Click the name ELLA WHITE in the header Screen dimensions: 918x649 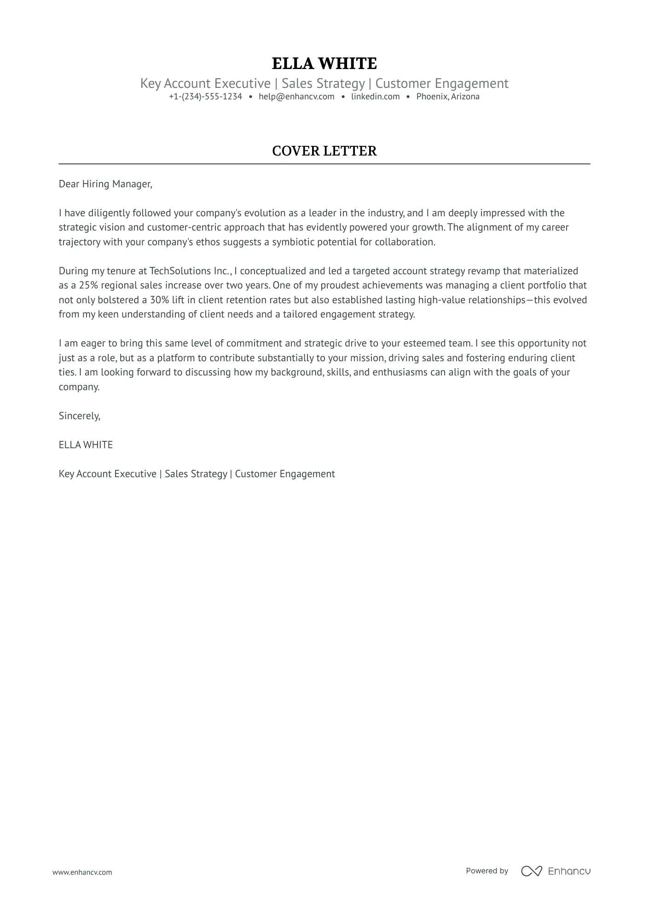coord(324,64)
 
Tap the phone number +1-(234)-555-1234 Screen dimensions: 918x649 coord(205,97)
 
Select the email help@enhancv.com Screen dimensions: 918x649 coord(296,97)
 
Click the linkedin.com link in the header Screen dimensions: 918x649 coord(375,97)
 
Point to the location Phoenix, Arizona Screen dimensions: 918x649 coord(448,97)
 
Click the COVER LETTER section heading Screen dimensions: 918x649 coord(324,151)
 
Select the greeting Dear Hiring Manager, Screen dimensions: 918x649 coord(105,184)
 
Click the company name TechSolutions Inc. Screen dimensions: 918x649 coord(189,271)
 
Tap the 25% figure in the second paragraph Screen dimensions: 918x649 coord(88,285)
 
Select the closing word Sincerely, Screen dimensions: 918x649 coord(79,416)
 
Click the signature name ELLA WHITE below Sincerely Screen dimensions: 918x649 coord(86,445)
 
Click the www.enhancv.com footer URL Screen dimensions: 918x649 coord(82,872)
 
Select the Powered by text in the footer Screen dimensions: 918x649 coord(487,871)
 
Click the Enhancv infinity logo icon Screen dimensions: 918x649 coord(531,871)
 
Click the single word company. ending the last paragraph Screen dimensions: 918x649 coord(79,387)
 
